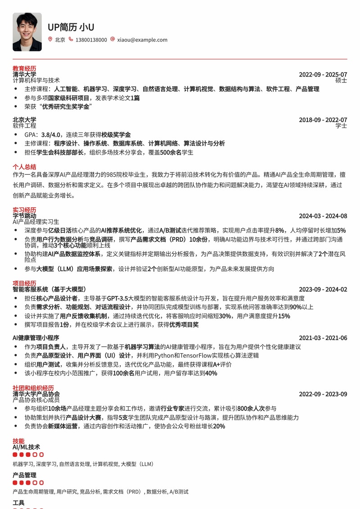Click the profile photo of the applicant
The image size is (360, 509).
[x=27, y=32]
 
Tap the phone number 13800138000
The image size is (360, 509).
[x=91, y=40]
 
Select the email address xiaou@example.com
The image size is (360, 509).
[x=142, y=40]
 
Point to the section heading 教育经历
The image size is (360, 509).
[x=24, y=68]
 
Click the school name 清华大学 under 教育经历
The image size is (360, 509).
[x=24, y=74]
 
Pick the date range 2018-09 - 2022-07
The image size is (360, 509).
[x=323, y=120]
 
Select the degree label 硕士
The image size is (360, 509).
[x=341, y=81]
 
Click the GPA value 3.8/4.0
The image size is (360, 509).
[x=50, y=135]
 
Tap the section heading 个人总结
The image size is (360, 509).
[x=24, y=167]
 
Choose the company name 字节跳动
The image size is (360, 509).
[x=24, y=216]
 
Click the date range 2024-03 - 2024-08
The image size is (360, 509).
[x=323, y=216]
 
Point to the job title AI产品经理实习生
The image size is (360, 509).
[x=36, y=222]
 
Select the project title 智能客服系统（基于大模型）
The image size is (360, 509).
[x=49, y=289]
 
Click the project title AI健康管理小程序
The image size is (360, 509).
[x=36, y=338]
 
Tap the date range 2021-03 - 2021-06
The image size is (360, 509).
[x=323, y=338]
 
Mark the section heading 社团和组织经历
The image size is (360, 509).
[x=33, y=388]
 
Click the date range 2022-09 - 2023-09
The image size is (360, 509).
[x=323, y=394]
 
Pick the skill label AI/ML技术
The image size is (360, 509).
[x=26, y=447]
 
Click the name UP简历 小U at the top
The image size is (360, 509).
[x=71, y=27]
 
